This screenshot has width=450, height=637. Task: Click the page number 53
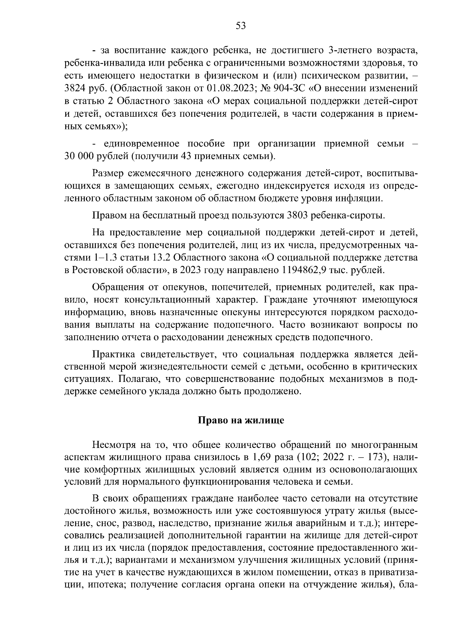240,26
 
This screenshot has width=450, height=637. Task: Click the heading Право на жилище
241,421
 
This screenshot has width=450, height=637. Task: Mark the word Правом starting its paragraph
108,215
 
